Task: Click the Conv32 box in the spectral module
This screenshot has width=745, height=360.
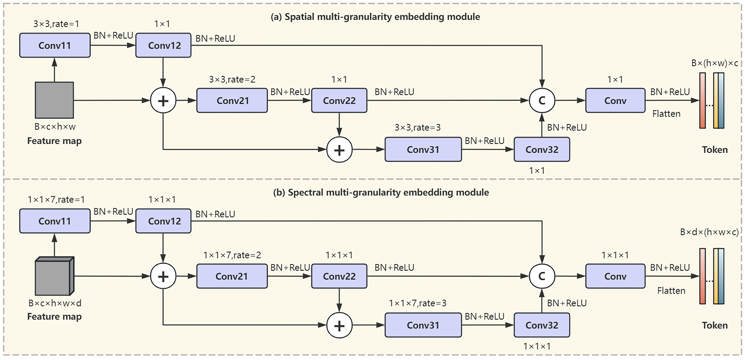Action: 542,325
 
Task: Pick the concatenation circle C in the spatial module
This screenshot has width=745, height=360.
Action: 542,100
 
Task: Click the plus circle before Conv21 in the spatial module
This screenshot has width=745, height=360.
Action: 163,101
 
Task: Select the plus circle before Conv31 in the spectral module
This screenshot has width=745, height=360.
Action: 339,325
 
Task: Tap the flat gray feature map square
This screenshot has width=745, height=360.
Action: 54,100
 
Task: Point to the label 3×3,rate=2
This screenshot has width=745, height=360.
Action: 232,79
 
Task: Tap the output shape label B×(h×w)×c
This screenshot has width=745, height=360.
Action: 714,63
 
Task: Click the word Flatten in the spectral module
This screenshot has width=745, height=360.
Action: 671,291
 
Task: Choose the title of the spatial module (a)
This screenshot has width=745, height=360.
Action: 375,17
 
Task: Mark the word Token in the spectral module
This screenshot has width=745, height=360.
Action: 715,325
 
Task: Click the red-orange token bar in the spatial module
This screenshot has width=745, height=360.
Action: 702,100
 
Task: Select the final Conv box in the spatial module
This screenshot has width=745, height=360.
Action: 615,100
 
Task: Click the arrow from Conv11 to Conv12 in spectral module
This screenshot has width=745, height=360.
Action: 113,221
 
